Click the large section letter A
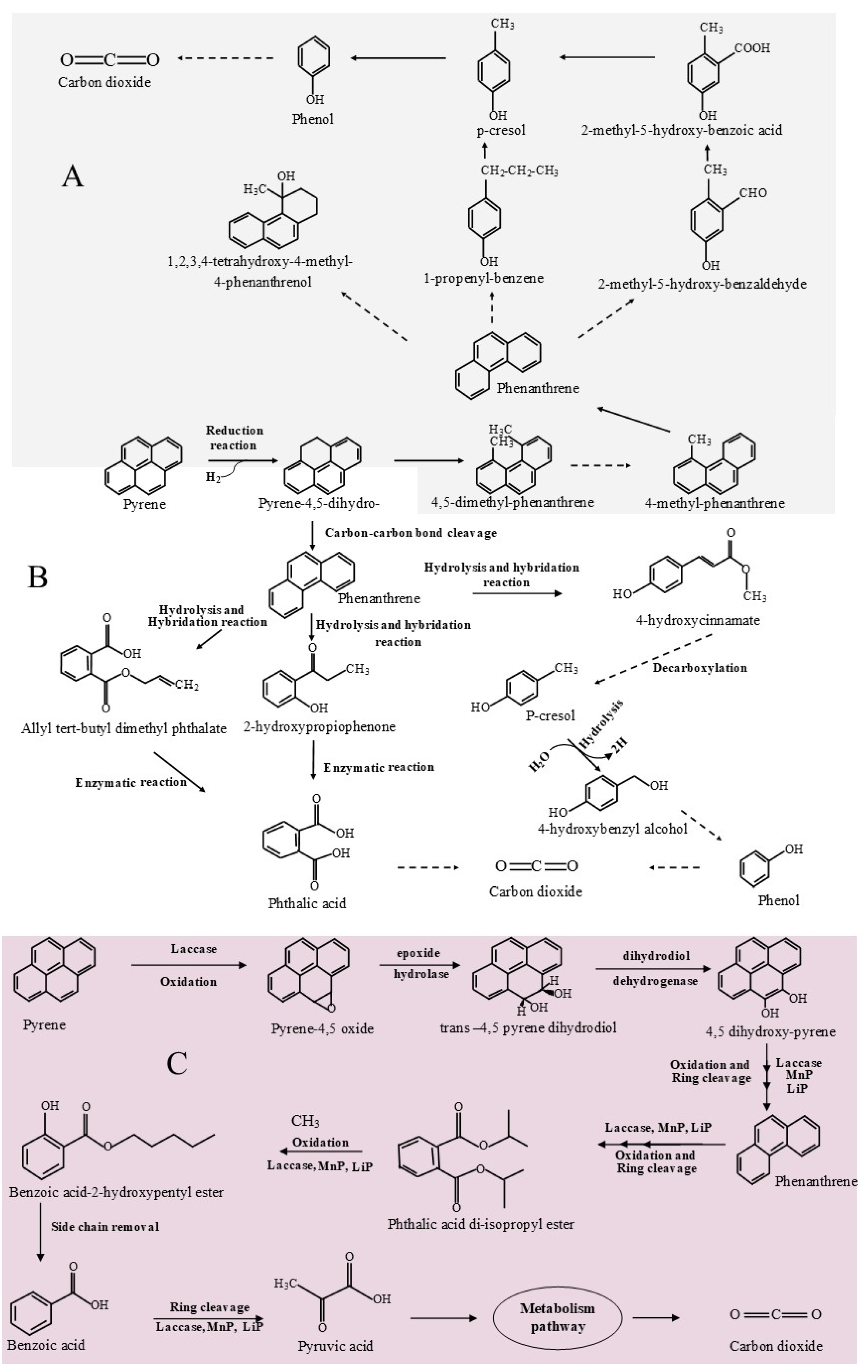pyautogui.click(x=72, y=177)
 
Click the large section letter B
pyautogui.click(x=38, y=577)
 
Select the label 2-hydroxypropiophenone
pyautogui.click(x=319, y=726)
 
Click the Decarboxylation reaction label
pyautogui.click(x=700, y=667)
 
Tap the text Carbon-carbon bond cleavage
pyautogui.click(x=411, y=533)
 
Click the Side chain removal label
pyautogui.click(x=105, y=1227)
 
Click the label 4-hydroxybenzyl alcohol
pyautogui.click(x=612, y=829)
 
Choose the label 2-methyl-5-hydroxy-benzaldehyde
pyautogui.click(x=702, y=284)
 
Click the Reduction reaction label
pyautogui.click(x=234, y=438)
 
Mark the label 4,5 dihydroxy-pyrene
pyautogui.click(x=770, y=1031)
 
